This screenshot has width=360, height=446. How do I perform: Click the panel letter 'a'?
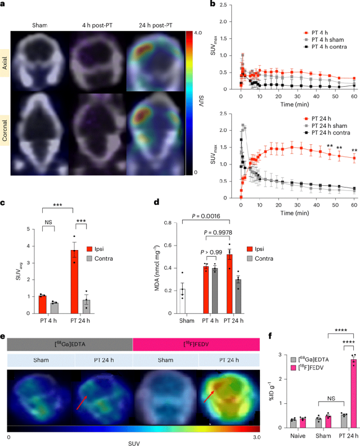[x=4, y=6]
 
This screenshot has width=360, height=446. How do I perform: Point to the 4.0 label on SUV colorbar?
[x=197, y=33]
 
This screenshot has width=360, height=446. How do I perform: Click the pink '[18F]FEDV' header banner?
[x=196, y=344]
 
